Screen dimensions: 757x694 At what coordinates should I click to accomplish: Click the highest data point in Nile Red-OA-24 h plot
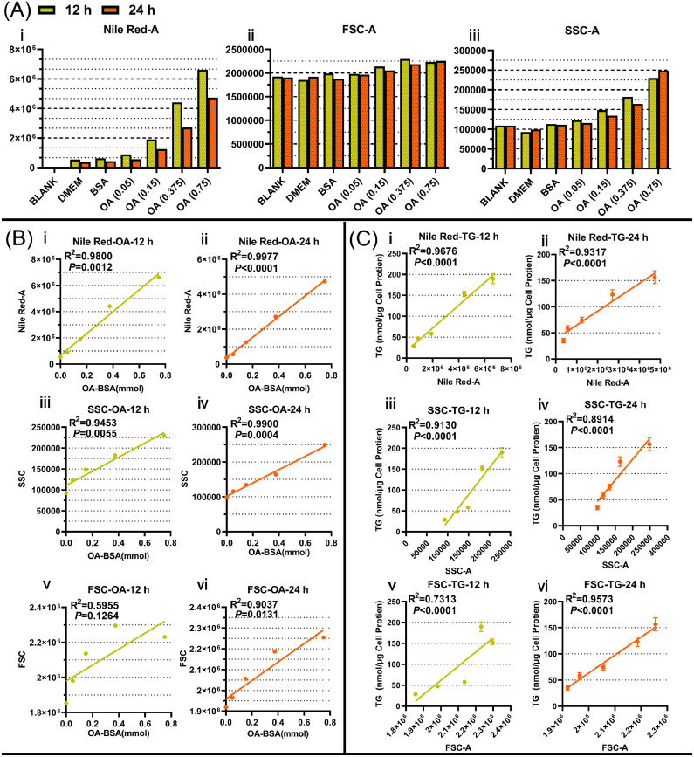pyautogui.click(x=324, y=281)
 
